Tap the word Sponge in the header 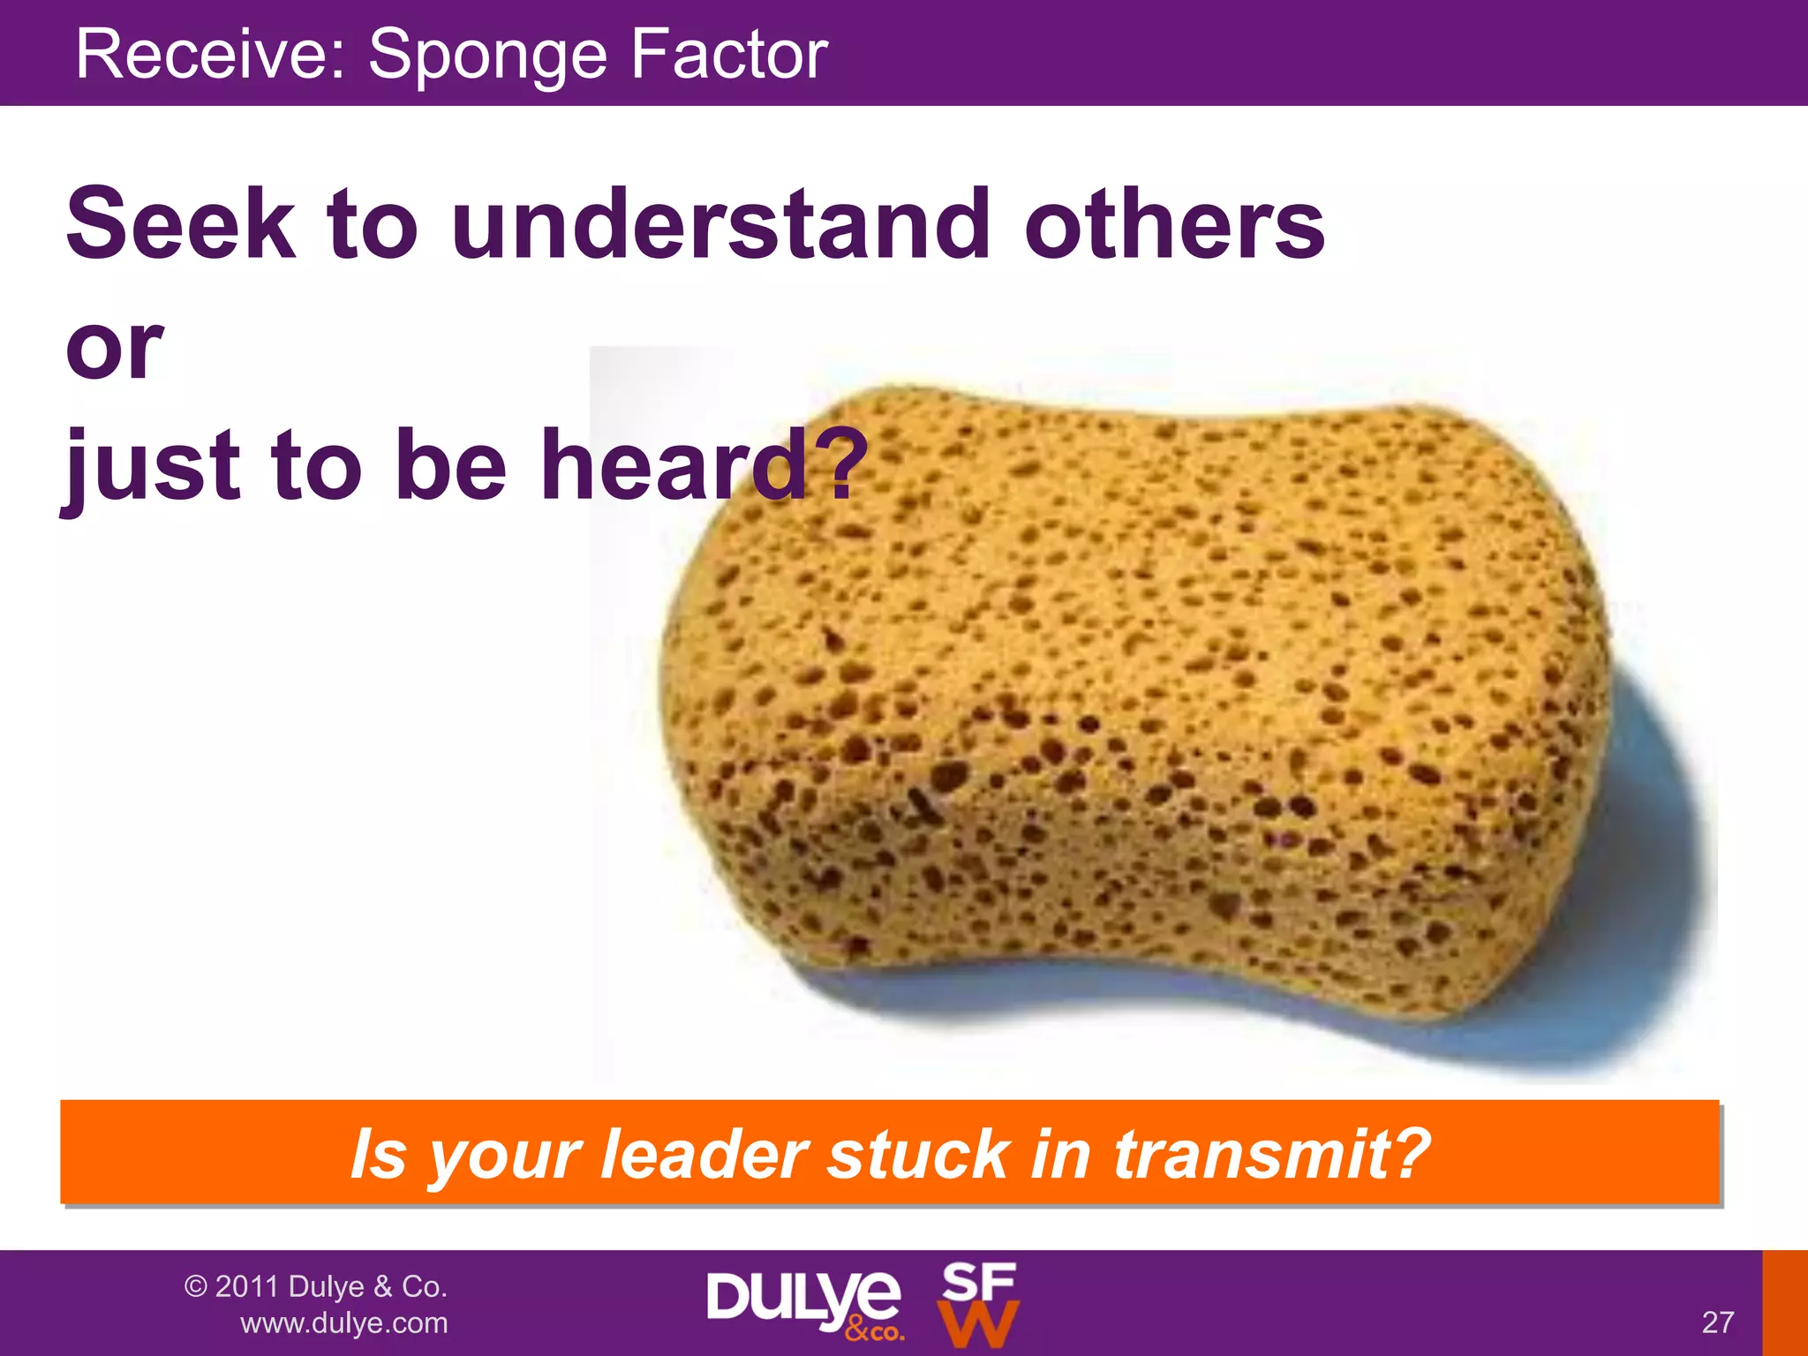tap(487, 55)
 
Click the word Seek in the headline tap(180, 224)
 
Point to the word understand tap(720, 224)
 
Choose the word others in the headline tap(1174, 224)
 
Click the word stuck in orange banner tap(918, 1154)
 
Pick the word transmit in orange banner tap(1271, 1154)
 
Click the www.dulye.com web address tap(344, 1323)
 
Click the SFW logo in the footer tap(978, 1304)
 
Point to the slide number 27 tap(1718, 1322)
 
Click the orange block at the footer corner tap(1785, 1303)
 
